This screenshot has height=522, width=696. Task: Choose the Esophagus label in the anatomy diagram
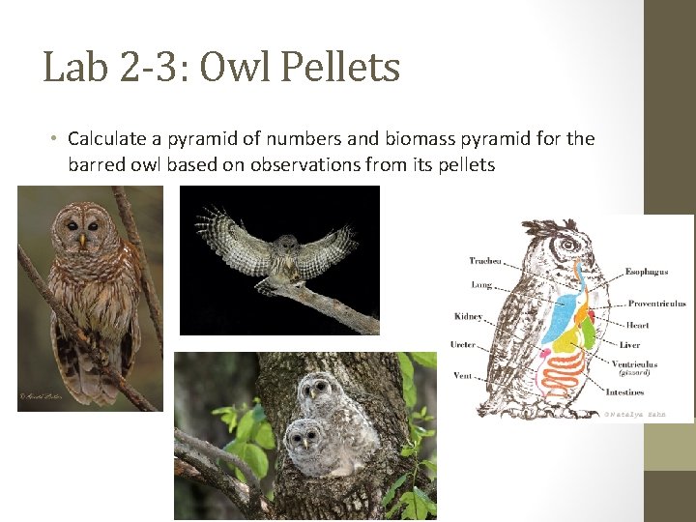647,272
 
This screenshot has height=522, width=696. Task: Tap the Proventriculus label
657,304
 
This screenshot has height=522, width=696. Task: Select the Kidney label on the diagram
469,316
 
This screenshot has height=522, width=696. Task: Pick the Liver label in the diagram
630,345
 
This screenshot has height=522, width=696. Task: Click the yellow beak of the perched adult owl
82,237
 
